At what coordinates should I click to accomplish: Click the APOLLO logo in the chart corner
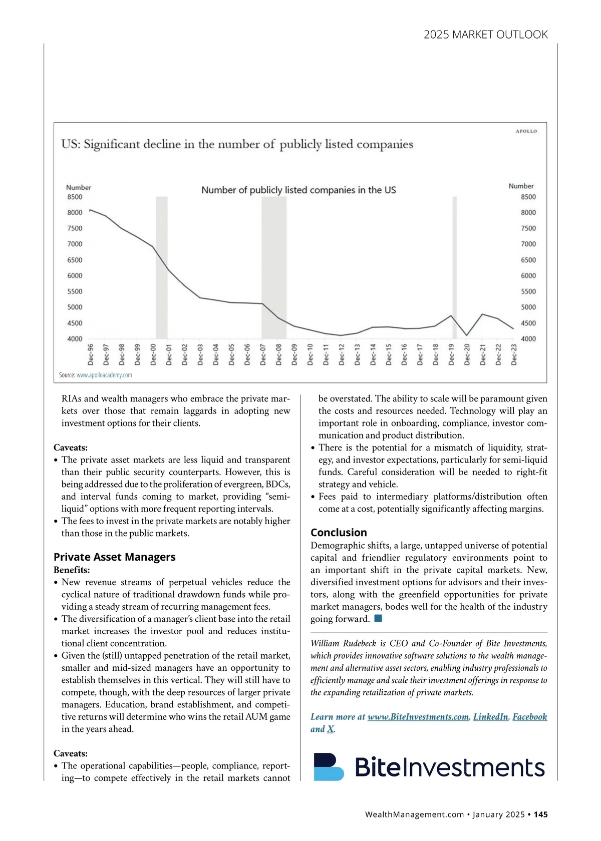pyautogui.click(x=526, y=131)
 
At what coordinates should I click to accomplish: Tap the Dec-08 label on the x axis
pyautogui.click(x=278, y=354)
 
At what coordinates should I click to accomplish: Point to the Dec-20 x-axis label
pyautogui.click(x=467, y=354)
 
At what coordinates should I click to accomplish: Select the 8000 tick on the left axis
pyautogui.click(x=75, y=212)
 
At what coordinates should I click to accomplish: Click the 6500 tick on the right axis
pyautogui.click(x=528, y=260)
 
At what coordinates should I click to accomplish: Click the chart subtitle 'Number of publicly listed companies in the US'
pyautogui.click(x=298, y=190)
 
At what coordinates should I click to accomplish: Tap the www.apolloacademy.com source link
pyautogui.click(x=104, y=375)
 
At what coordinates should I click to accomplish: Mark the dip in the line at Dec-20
pyautogui.click(x=467, y=335)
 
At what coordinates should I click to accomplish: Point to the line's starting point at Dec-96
pyautogui.click(x=90, y=210)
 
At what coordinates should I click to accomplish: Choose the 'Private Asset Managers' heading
pyautogui.click(x=114, y=557)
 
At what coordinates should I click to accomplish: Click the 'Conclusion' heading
pyautogui.click(x=339, y=533)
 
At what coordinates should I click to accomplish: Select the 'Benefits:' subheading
pyautogui.click(x=72, y=570)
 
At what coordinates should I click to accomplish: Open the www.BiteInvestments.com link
pyautogui.click(x=418, y=717)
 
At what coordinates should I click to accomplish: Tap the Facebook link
pyautogui.click(x=529, y=717)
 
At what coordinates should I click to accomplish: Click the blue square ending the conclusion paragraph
pyautogui.click(x=378, y=618)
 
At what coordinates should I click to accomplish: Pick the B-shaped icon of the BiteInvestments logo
pyautogui.click(x=329, y=766)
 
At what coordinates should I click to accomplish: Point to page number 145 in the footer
pyautogui.click(x=540, y=814)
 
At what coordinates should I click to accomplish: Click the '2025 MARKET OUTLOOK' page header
pyautogui.click(x=485, y=35)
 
